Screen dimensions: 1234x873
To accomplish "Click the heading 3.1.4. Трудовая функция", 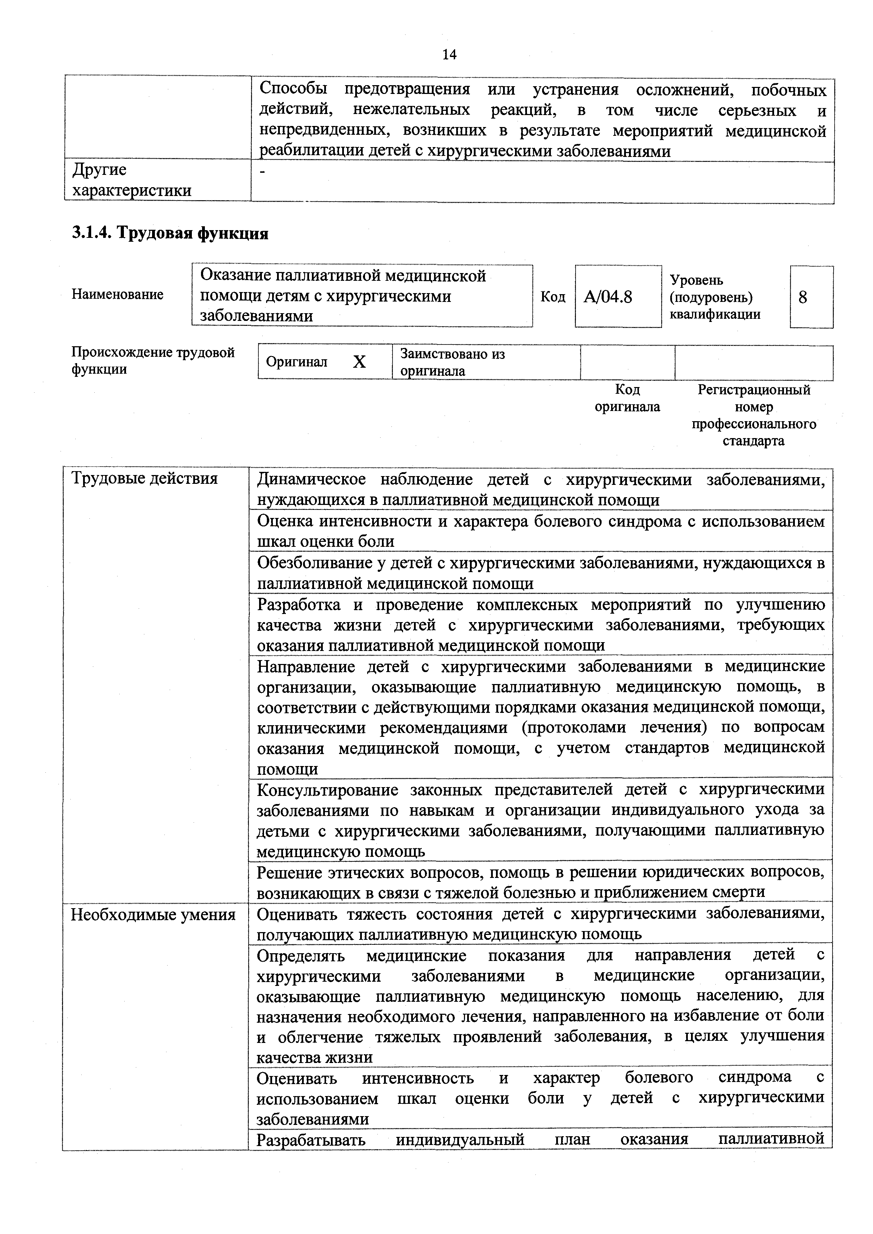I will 170,233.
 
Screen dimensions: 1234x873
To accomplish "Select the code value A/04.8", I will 608,297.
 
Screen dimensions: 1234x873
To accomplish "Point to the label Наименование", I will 117,295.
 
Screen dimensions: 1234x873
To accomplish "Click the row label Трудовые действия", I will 145,478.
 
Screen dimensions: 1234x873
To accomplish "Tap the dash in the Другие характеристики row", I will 262,171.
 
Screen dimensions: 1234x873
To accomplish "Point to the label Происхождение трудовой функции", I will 153,361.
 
